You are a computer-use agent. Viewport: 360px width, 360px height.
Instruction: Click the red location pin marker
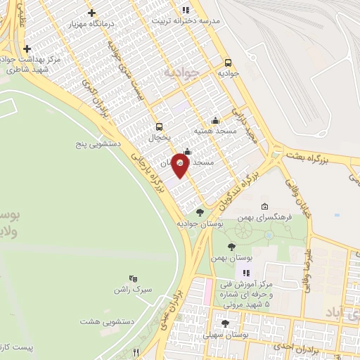pyautogui.click(x=180, y=164)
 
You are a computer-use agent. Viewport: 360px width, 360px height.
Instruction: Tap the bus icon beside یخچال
pyautogui.click(x=159, y=127)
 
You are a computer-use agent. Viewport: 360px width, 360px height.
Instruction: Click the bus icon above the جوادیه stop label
pyautogui.click(x=227, y=63)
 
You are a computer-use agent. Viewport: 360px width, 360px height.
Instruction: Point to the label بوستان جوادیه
pyautogui.click(x=201, y=224)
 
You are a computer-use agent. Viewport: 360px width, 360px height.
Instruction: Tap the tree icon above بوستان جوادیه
pyautogui.click(x=200, y=212)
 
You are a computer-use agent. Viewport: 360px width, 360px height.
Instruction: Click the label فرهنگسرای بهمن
pyautogui.click(x=265, y=218)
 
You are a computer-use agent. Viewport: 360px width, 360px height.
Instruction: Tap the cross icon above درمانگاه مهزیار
pyautogui.click(x=92, y=13)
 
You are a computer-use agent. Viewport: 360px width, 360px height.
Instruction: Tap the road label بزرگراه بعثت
pyautogui.click(x=324, y=162)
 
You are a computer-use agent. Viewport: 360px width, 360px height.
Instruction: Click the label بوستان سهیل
pyautogui.click(x=225, y=334)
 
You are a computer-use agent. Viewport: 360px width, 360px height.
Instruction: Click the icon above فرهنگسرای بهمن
pyautogui.click(x=264, y=207)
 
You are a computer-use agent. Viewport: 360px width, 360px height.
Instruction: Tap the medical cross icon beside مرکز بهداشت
pyautogui.click(x=27, y=49)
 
